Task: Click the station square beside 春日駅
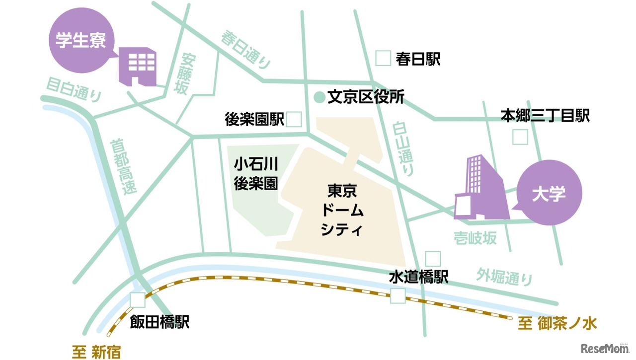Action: click(x=383, y=59)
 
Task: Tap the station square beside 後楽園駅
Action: click(x=294, y=119)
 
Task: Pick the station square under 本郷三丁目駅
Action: click(x=520, y=137)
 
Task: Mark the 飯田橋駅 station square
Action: click(x=138, y=300)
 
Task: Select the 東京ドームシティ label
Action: click(x=342, y=210)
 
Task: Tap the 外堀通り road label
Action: click(x=504, y=277)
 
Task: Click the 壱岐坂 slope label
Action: click(x=475, y=238)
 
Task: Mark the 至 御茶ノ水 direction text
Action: click(x=556, y=324)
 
